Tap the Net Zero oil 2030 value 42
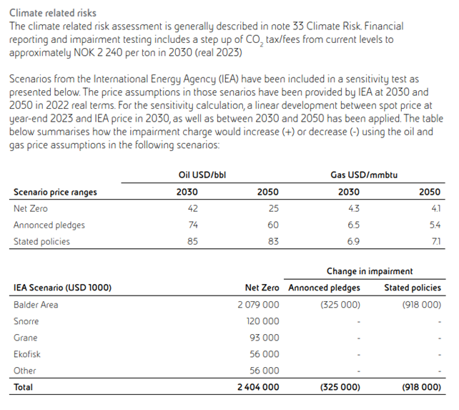coord(192,208)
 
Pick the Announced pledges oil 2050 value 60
coord(272,225)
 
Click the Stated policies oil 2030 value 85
coord(192,241)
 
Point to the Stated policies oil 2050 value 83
coord(272,241)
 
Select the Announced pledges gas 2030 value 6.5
coord(353,225)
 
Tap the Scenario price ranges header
coord(55,192)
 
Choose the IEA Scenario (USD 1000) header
coord(62,288)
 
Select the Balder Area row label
coord(36,305)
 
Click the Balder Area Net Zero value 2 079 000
coord(258,305)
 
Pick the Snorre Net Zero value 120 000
coord(263,321)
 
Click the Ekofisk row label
coord(27,354)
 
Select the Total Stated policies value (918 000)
coord(422,387)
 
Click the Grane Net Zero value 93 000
coord(265,338)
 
